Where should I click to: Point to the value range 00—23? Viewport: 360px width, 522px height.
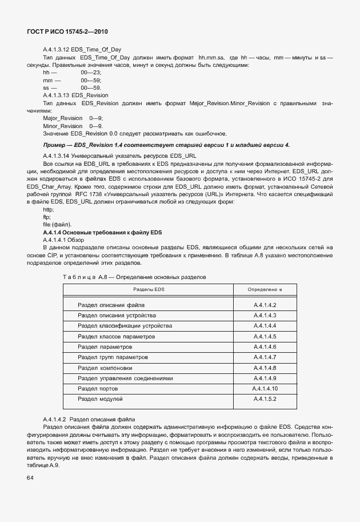(91, 73)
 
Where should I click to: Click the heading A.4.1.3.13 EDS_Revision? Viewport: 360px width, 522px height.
(75, 95)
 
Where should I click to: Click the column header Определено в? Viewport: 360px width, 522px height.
(265, 290)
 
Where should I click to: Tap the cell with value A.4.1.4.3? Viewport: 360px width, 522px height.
(265, 316)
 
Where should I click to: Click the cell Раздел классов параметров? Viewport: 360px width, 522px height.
(116, 336)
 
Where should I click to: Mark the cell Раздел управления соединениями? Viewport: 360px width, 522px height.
(125, 378)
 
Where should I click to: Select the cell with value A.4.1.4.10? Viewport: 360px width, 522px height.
(265, 388)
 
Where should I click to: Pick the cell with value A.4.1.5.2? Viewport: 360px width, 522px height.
(265, 399)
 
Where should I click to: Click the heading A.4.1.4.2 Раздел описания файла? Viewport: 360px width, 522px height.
(89, 420)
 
